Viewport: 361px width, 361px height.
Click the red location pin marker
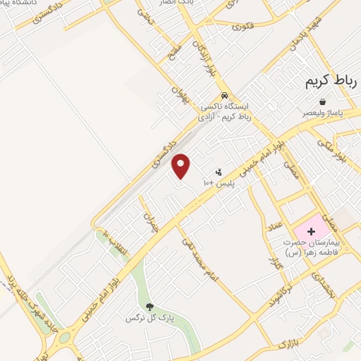coord(181,166)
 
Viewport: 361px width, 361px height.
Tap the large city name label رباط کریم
coord(331,82)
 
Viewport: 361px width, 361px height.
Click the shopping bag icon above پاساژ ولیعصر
coord(322,102)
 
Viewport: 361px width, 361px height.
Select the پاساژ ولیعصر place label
coord(322,112)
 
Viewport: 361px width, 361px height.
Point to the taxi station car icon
coord(224,96)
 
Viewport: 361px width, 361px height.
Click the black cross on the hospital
coord(310,231)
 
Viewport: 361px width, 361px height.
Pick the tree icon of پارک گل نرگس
coord(149,306)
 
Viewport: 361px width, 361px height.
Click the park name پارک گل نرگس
coord(149,319)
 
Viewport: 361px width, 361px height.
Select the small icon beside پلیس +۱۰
coord(219,172)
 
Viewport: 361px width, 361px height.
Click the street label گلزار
coord(276,262)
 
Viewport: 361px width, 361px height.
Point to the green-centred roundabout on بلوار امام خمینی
coord(64,338)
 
